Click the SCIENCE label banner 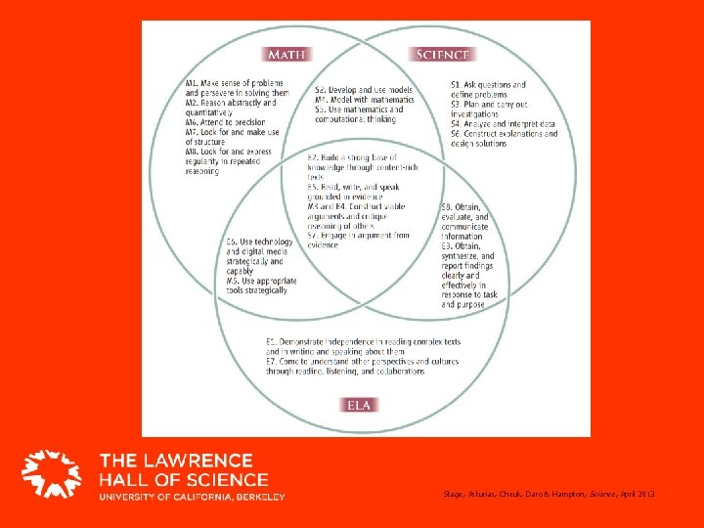(442, 55)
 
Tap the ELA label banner (360, 404)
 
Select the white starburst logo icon (52, 476)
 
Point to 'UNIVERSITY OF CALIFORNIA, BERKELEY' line (192, 497)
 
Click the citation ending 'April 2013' (547, 495)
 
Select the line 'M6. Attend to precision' (218, 122)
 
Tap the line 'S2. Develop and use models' (363, 90)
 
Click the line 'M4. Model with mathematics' (363, 100)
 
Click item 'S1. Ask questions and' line (488, 85)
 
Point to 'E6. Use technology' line (259, 242)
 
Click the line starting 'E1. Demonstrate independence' (363, 341)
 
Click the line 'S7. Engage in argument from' (358, 236)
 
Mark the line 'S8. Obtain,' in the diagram (461, 207)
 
